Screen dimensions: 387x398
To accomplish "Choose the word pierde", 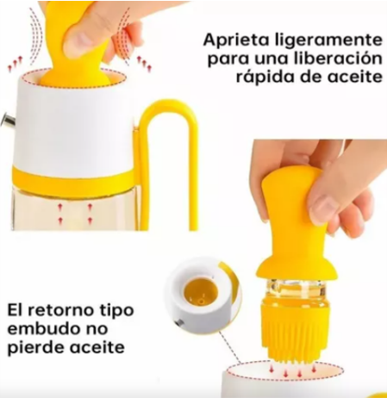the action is (35, 348).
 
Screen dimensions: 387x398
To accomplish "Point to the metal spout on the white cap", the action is (9, 120).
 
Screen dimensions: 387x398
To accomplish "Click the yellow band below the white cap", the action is (73, 179).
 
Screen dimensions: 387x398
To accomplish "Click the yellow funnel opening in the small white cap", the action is (200, 292).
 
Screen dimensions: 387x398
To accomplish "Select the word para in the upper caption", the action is (228, 59).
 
